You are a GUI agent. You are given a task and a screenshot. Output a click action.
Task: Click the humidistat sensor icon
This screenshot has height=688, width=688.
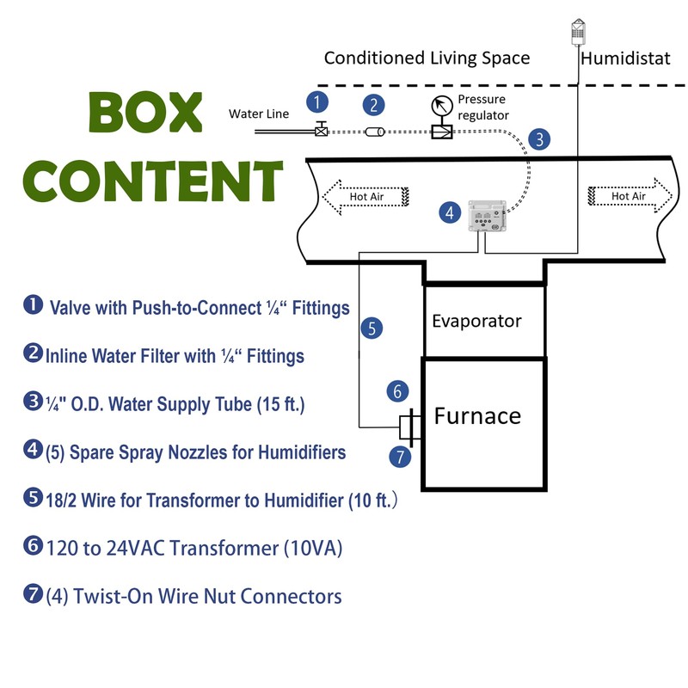coord(578,33)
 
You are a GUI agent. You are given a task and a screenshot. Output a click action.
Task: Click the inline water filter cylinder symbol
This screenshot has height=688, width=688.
coord(375,132)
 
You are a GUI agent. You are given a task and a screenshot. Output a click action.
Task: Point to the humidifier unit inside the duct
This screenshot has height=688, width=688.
coord(487,215)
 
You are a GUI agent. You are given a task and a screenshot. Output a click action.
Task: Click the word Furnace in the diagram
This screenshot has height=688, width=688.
coord(477,416)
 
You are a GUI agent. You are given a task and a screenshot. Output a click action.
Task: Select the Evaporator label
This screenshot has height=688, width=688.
coord(476,321)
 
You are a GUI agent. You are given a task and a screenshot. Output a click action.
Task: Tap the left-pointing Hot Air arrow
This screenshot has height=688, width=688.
coord(362,197)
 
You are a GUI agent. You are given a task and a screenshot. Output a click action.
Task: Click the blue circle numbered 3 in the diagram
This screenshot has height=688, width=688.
coord(538,139)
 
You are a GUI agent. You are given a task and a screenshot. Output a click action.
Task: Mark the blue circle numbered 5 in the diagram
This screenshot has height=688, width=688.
coord(371,328)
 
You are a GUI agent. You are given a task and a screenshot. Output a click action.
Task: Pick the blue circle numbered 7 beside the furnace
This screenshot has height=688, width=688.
coord(399,457)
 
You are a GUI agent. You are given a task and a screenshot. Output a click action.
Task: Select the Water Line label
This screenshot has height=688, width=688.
coord(259,114)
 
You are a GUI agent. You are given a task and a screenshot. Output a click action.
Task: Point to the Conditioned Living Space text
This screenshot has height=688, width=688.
coord(427,58)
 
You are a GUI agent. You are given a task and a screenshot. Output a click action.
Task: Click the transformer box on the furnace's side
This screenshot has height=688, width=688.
coord(408,427)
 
